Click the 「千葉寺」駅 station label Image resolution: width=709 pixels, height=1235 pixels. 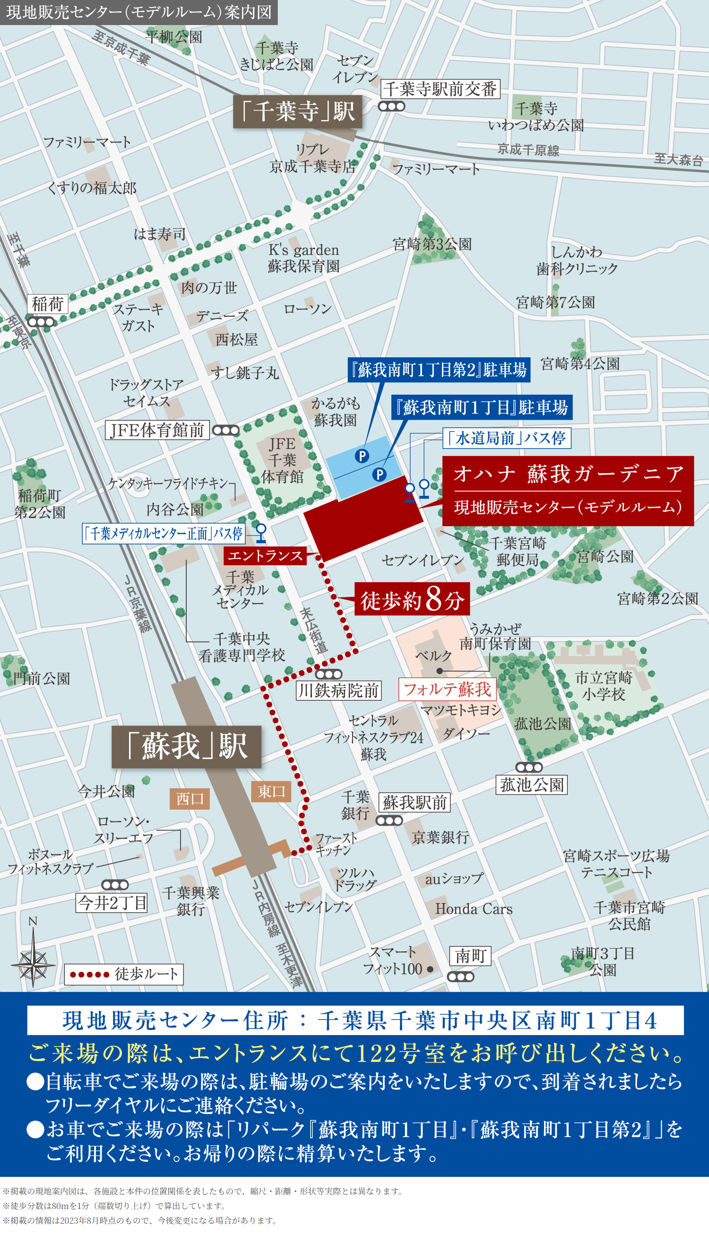point(297,112)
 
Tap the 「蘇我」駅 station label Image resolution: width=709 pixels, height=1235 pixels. point(187,746)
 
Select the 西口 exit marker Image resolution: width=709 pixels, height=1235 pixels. point(190,799)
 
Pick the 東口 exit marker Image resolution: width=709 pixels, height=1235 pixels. point(271,791)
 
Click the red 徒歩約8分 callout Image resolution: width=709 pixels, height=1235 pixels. point(412,599)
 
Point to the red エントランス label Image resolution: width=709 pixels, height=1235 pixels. point(265,555)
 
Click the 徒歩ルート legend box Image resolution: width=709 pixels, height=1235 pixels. point(124,974)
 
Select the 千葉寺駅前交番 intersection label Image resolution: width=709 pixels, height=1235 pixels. point(440,89)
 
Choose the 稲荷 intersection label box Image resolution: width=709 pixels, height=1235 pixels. point(47,304)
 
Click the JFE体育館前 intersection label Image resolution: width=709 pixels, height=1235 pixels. point(157,430)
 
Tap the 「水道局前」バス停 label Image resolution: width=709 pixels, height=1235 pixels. point(506,438)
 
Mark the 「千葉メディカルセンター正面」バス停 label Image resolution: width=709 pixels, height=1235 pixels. point(164,534)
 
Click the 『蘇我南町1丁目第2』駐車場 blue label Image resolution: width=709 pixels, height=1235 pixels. point(439,370)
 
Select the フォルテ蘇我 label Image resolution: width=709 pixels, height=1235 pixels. point(447,689)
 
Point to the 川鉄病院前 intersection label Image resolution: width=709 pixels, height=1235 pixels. point(338,690)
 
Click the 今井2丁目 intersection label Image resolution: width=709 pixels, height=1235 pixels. point(112,903)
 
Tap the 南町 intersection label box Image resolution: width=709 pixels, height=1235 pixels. point(470,956)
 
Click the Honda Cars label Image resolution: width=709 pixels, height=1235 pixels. point(473,909)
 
